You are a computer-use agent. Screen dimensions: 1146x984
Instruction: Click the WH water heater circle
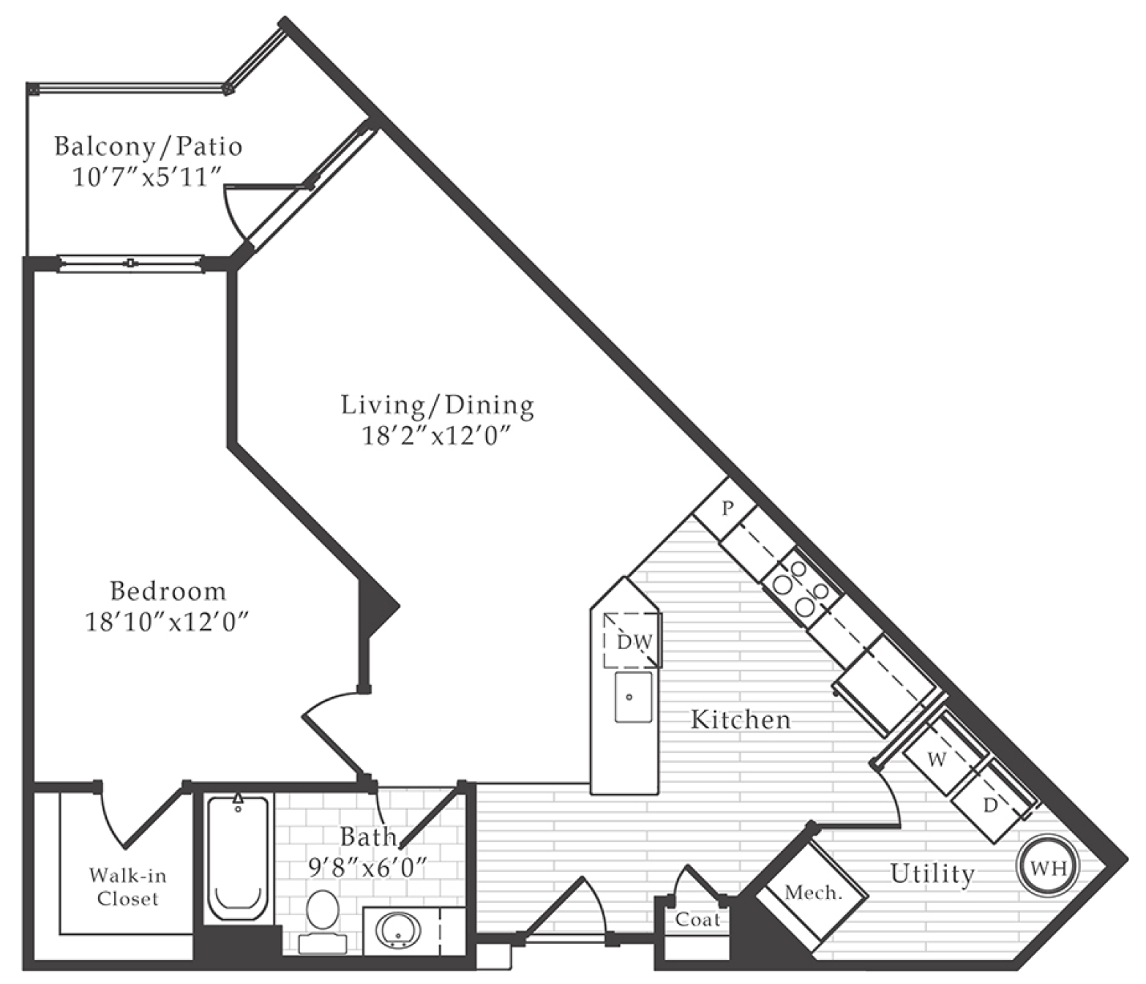click(x=1046, y=867)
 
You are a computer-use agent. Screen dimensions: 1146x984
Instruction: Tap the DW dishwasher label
click(x=634, y=642)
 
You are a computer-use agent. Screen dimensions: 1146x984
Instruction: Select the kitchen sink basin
click(x=633, y=696)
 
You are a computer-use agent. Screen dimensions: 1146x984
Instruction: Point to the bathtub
click(x=238, y=859)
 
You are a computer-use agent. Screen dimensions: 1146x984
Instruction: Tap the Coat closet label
click(x=697, y=920)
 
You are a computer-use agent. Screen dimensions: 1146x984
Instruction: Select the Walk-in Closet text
click(x=127, y=887)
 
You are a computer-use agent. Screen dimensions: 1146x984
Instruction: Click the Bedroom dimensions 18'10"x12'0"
click(x=166, y=623)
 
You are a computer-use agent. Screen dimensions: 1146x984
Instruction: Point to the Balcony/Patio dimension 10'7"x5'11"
click(x=148, y=178)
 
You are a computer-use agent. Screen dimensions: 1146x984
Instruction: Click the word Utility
click(x=932, y=874)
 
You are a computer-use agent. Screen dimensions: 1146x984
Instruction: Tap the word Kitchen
click(x=741, y=720)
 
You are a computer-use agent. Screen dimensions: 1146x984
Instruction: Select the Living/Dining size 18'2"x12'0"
click(x=435, y=436)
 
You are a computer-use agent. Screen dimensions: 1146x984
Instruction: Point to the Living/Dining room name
click(x=438, y=405)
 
